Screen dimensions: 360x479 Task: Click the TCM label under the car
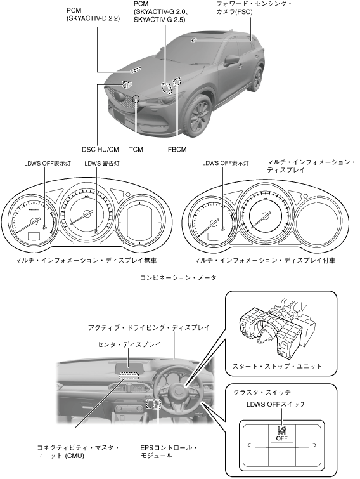point(136,149)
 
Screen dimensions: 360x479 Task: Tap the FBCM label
point(177,149)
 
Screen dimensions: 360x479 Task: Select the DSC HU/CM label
point(100,149)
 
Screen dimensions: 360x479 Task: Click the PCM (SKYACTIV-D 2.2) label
point(93,15)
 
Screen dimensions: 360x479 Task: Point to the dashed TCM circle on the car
point(136,99)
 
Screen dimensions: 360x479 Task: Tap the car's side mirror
point(231,60)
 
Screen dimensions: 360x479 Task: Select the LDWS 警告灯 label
point(102,164)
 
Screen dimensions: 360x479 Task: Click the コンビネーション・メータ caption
point(178,277)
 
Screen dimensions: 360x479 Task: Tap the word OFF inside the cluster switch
point(281,438)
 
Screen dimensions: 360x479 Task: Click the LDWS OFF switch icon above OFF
point(281,430)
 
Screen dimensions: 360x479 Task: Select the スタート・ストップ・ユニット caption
point(278,366)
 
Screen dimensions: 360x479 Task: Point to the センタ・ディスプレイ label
point(129,344)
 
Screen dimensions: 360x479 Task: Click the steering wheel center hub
point(178,391)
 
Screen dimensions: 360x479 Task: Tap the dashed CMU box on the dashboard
point(129,376)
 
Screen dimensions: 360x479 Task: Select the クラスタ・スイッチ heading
point(262,392)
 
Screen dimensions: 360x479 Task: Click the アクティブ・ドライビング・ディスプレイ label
point(149,327)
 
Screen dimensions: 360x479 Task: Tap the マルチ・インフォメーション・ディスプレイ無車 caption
point(86,260)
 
